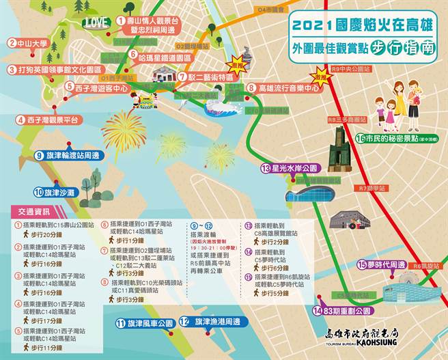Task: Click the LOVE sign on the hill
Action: pos(98,22)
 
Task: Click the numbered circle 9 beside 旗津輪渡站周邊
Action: pos(41,156)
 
